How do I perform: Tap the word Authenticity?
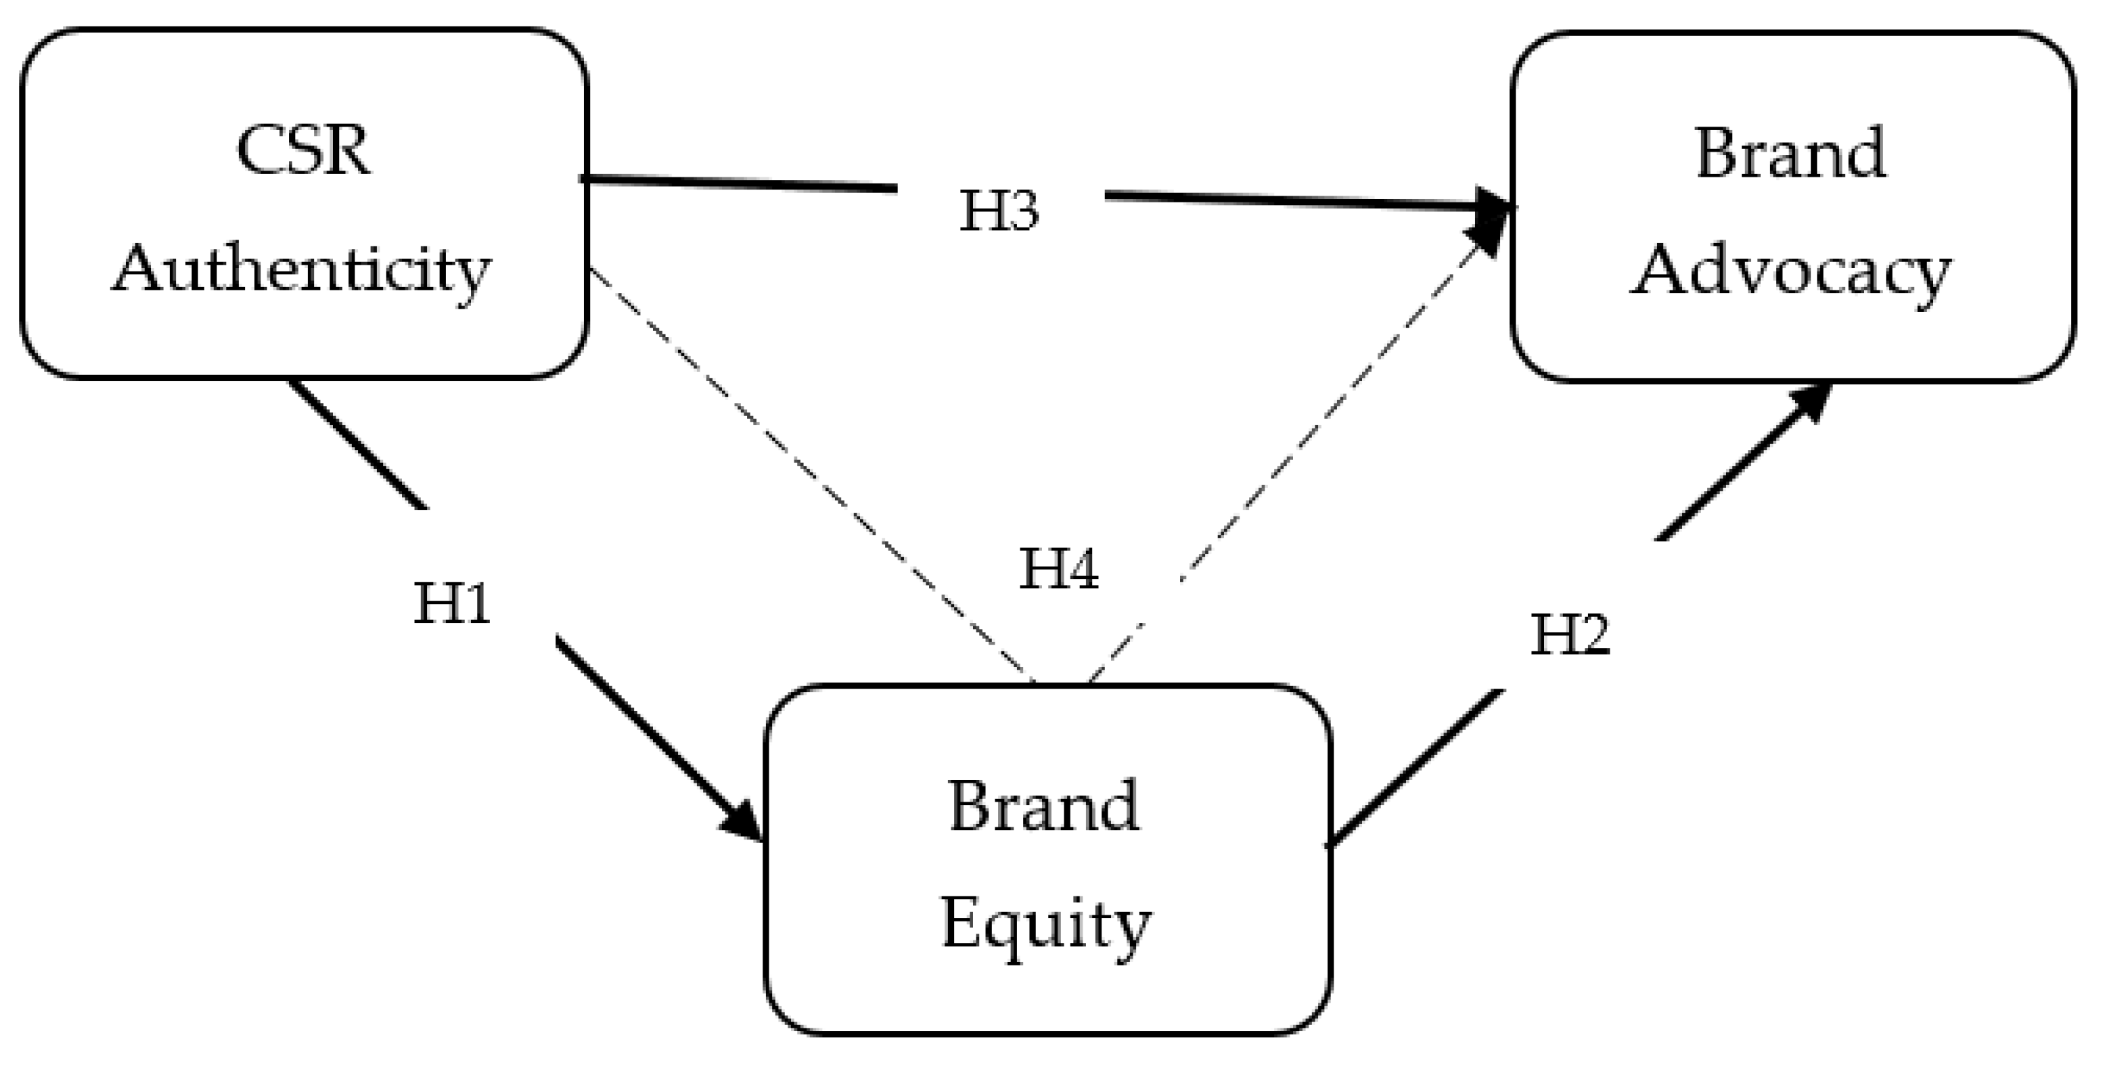(301, 270)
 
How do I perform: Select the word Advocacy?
(1790, 272)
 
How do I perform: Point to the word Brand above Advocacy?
(1790, 153)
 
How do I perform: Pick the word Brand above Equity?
(1044, 806)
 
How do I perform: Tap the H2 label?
(1569, 634)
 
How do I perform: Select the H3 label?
(999, 210)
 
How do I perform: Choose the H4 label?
(1058, 569)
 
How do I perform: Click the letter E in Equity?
(961, 923)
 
